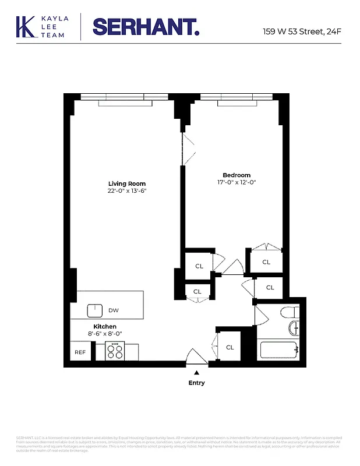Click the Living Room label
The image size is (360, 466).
[126, 183]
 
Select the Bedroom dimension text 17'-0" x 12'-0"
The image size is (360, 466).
[237, 182]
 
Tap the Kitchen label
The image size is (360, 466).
[105, 327]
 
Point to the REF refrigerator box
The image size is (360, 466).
[80, 352]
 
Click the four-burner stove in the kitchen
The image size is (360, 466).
[115, 351]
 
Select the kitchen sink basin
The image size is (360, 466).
[95, 310]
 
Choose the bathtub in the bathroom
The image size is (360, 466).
[279, 350]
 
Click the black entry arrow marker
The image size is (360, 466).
[197, 372]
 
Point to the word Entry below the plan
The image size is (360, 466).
[196, 383]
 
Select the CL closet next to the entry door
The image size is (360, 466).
[230, 347]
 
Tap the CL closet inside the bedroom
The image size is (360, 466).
[266, 262]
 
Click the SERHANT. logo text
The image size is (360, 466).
[146, 27]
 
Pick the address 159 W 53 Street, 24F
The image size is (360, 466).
[302, 31]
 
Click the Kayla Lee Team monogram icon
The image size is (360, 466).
[25, 27]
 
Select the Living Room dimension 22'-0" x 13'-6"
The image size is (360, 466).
[126, 191]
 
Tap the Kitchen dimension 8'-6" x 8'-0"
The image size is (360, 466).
[105, 334]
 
